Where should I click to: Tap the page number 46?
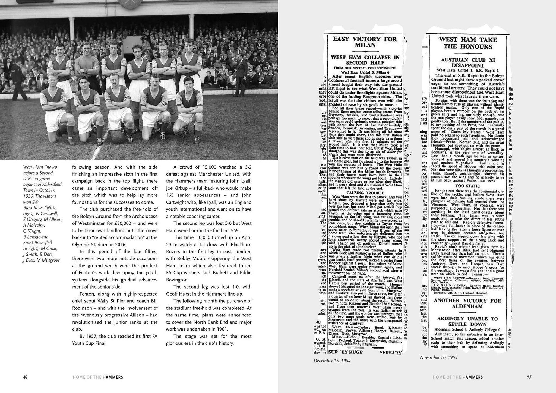point(25,377)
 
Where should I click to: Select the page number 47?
point(529,377)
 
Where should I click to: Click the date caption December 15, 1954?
point(332,361)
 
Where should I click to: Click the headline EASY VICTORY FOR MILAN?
point(365,42)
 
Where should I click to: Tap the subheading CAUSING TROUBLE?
point(365,193)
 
